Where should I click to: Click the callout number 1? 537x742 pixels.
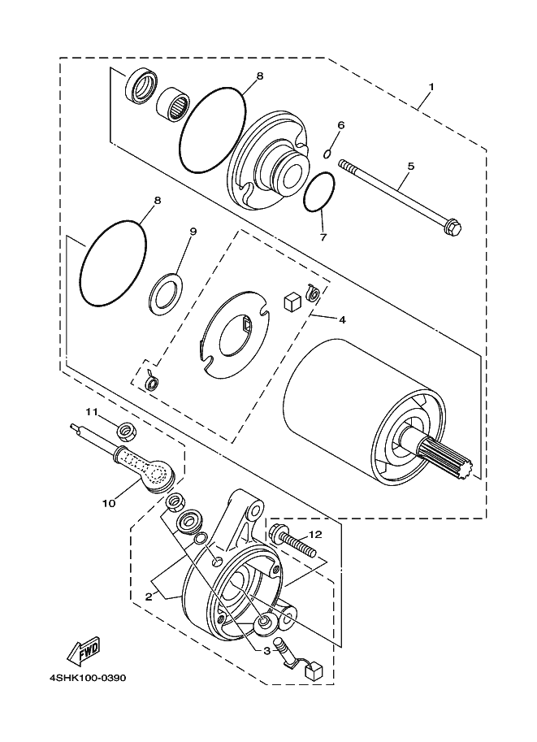(431, 87)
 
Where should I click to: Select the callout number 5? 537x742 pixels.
(410, 166)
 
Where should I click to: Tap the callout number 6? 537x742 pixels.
(341, 125)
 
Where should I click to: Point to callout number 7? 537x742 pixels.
(323, 238)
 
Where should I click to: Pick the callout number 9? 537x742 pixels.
(193, 232)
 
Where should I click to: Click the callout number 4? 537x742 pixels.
(343, 319)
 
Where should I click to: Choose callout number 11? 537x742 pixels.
(93, 411)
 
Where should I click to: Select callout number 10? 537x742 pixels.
(109, 503)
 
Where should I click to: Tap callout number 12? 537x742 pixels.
(316, 534)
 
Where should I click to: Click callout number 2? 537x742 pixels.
(149, 597)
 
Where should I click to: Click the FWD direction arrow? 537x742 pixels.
(82, 650)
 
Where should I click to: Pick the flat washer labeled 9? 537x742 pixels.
(166, 294)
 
